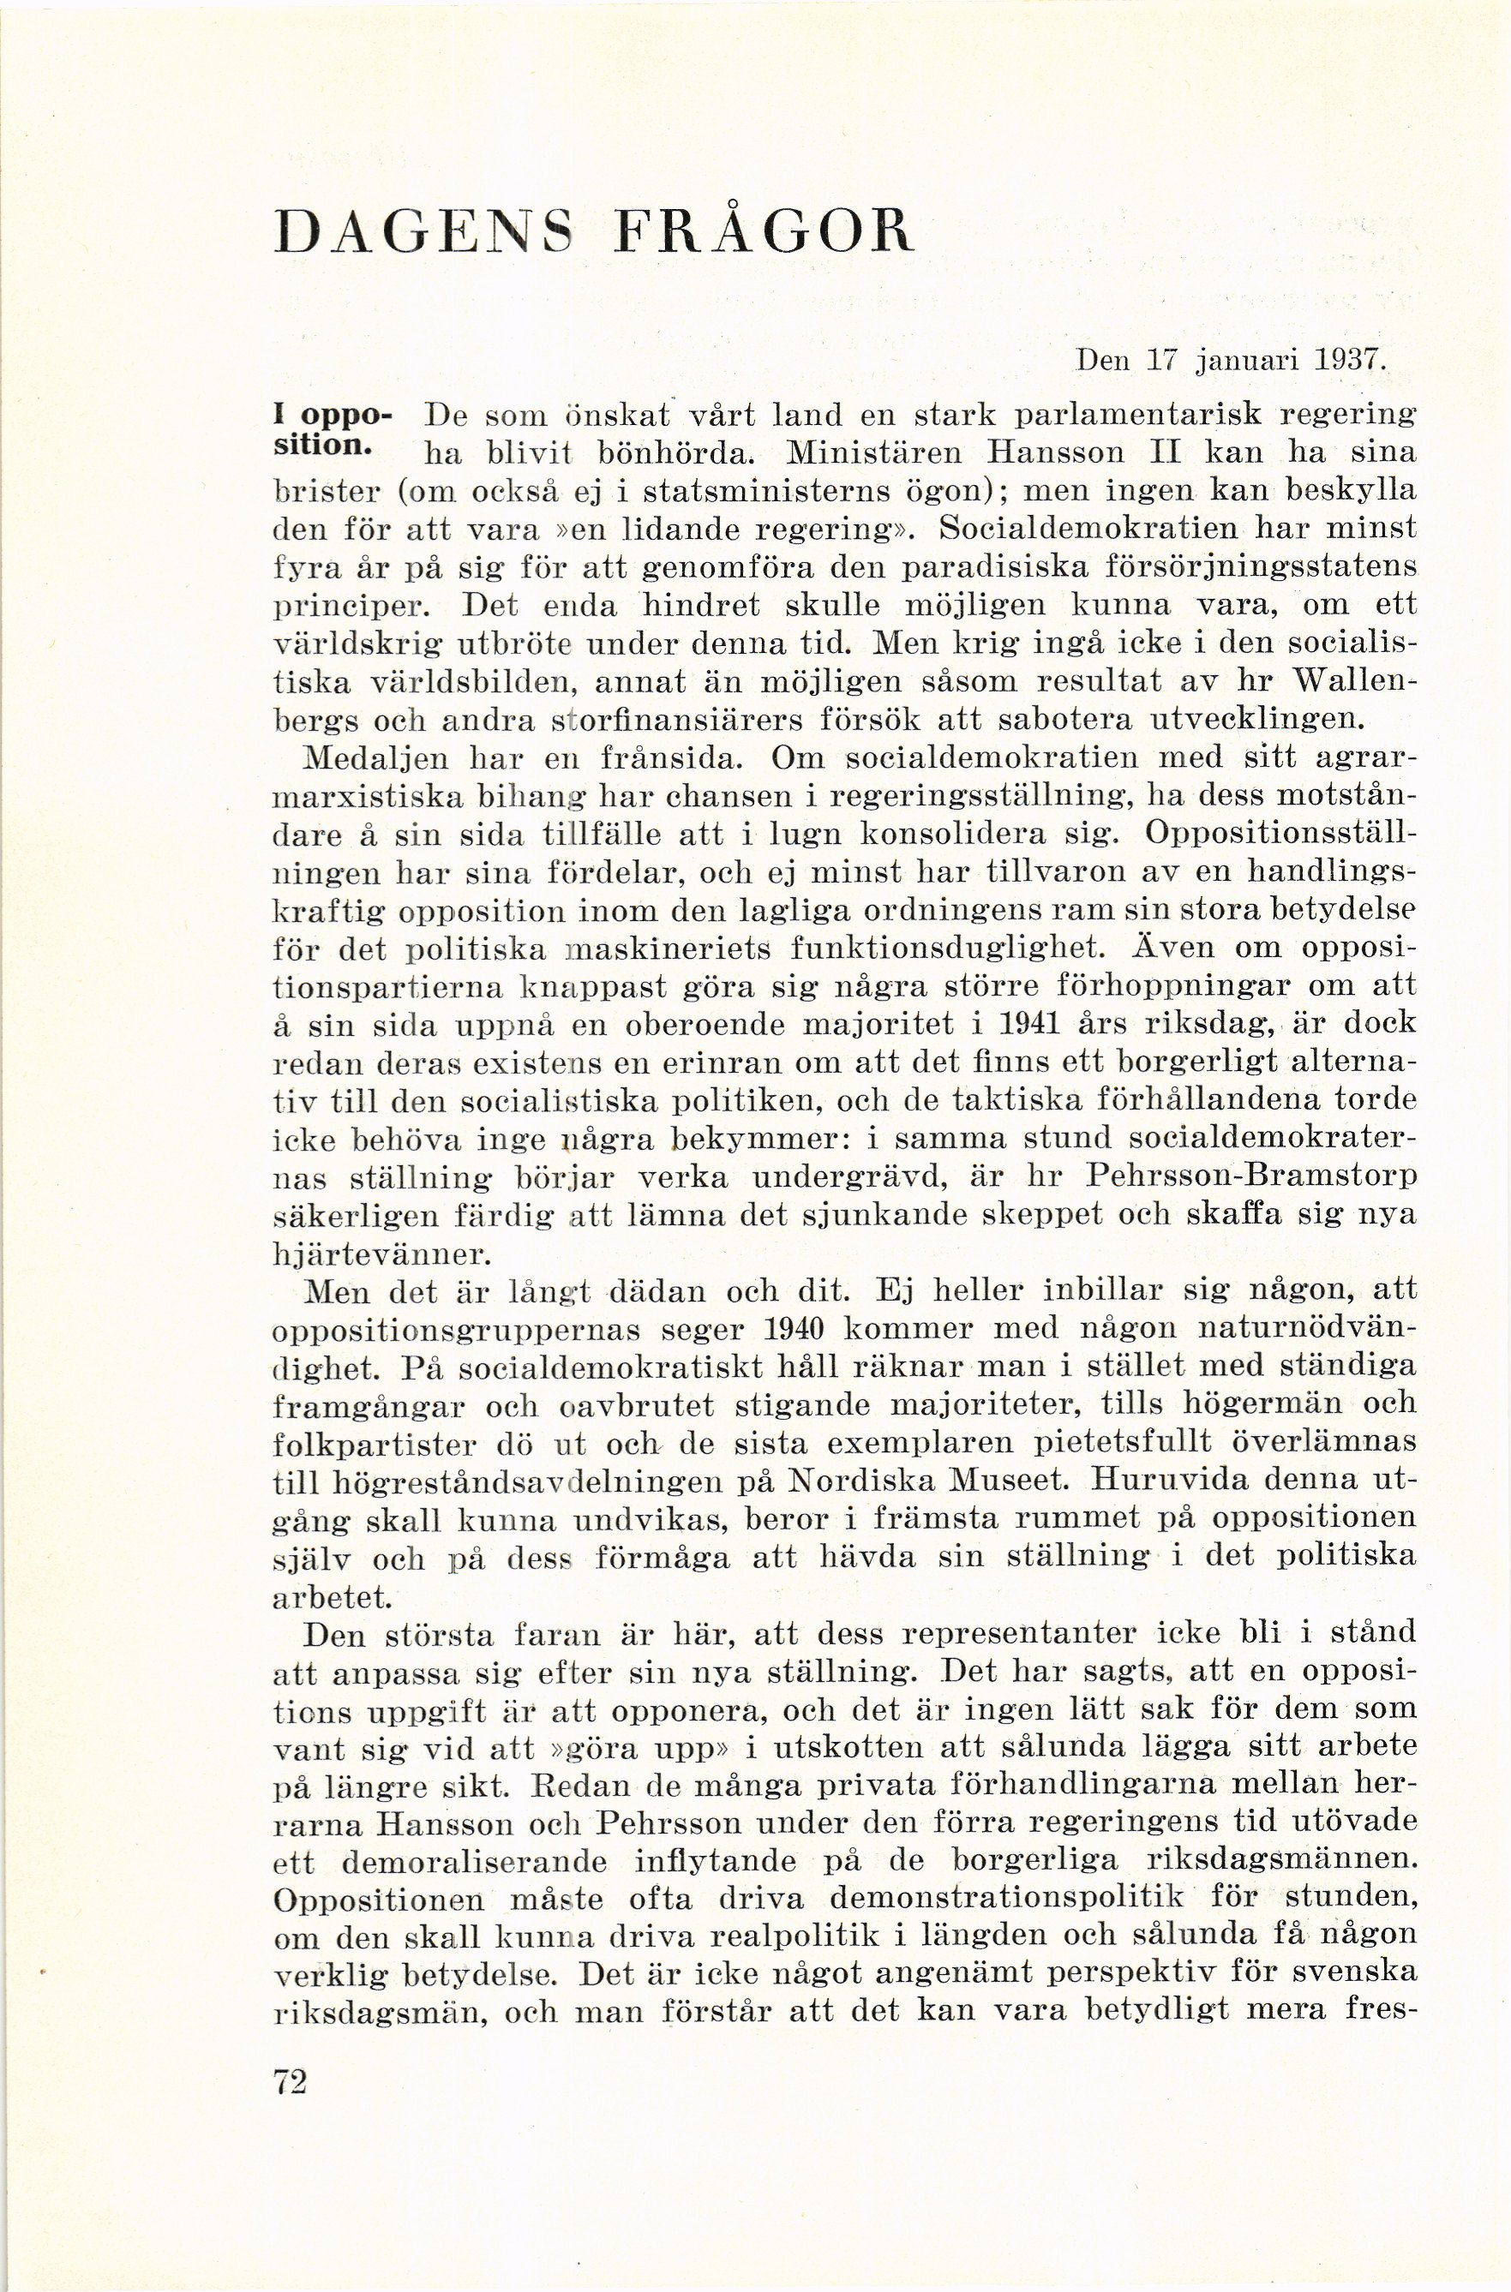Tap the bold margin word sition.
click(322, 449)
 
